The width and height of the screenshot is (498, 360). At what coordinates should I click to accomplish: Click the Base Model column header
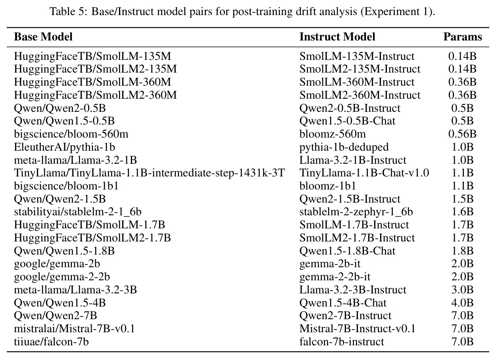(x=43, y=37)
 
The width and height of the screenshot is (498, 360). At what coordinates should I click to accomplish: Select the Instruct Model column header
(x=337, y=37)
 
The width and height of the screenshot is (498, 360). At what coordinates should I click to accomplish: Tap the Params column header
(x=463, y=37)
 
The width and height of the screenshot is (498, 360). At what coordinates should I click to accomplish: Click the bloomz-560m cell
(x=333, y=134)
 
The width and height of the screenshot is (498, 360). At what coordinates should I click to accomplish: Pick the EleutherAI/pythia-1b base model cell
(x=64, y=147)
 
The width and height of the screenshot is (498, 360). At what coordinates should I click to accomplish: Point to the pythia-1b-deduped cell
(x=344, y=147)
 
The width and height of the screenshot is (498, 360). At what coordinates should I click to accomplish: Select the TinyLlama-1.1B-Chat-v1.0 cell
(x=364, y=173)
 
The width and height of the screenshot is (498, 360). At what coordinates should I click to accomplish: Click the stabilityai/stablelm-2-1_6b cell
(x=78, y=212)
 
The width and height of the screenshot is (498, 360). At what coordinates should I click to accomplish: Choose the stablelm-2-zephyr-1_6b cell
(x=356, y=212)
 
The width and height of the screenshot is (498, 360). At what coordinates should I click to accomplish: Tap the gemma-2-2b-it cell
(x=335, y=277)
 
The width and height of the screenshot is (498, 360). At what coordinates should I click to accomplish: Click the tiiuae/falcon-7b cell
(x=51, y=342)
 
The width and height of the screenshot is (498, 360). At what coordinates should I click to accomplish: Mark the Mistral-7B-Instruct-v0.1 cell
(x=357, y=329)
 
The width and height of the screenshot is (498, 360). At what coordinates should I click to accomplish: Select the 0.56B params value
(x=462, y=134)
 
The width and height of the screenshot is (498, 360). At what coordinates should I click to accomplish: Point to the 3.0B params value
(x=462, y=290)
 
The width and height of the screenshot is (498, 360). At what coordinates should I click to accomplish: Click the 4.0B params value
(x=462, y=303)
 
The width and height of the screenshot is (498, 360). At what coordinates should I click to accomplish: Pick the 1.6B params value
(x=462, y=212)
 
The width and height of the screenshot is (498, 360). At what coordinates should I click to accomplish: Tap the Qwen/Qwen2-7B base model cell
(x=56, y=316)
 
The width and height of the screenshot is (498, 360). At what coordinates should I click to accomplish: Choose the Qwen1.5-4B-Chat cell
(x=343, y=303)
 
